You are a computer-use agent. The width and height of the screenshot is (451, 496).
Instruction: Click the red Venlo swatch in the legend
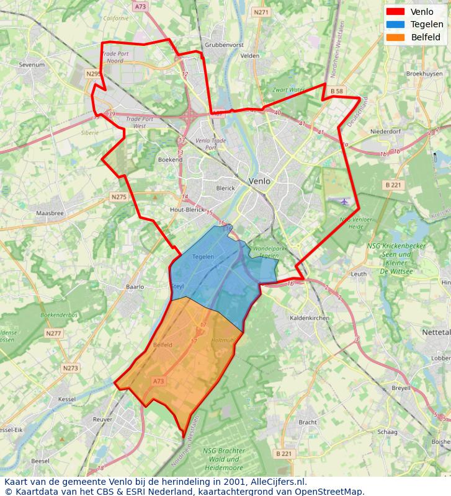[x=395, y=12]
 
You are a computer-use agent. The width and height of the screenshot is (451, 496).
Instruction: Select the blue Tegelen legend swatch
[x=395, y=24]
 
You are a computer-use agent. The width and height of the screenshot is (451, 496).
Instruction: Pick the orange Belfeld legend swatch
[x=395, y=37]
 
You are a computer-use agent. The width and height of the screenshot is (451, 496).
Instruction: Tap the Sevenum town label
[x=32, y=64]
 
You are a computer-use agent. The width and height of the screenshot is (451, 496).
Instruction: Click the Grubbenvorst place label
[x=224, y=45]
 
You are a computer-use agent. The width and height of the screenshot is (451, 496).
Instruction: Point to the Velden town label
[x=250, y=55]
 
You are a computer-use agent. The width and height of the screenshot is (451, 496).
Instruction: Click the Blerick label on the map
[x=225, y=188]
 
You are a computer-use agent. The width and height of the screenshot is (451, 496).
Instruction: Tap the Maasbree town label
[x=50, y=213]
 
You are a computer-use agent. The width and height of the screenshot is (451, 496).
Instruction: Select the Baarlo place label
[x=135, y=287]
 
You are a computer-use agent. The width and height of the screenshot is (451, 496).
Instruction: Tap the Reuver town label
[x=102, y=420]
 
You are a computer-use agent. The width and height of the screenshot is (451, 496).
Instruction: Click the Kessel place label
[x=66, y=399]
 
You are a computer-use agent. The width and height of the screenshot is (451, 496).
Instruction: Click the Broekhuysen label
[x=424, y=73]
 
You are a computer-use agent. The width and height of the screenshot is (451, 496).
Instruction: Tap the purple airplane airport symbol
[x=345, y=201]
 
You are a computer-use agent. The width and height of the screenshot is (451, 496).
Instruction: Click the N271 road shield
[x=262, y=12]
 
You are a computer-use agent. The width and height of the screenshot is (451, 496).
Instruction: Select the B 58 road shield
[x=337, y=91]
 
